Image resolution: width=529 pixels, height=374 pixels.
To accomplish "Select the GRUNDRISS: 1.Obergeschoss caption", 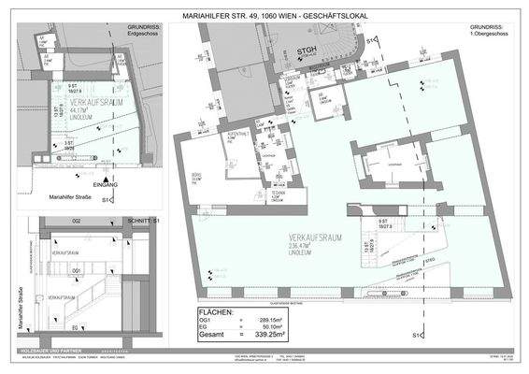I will point(491,31).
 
